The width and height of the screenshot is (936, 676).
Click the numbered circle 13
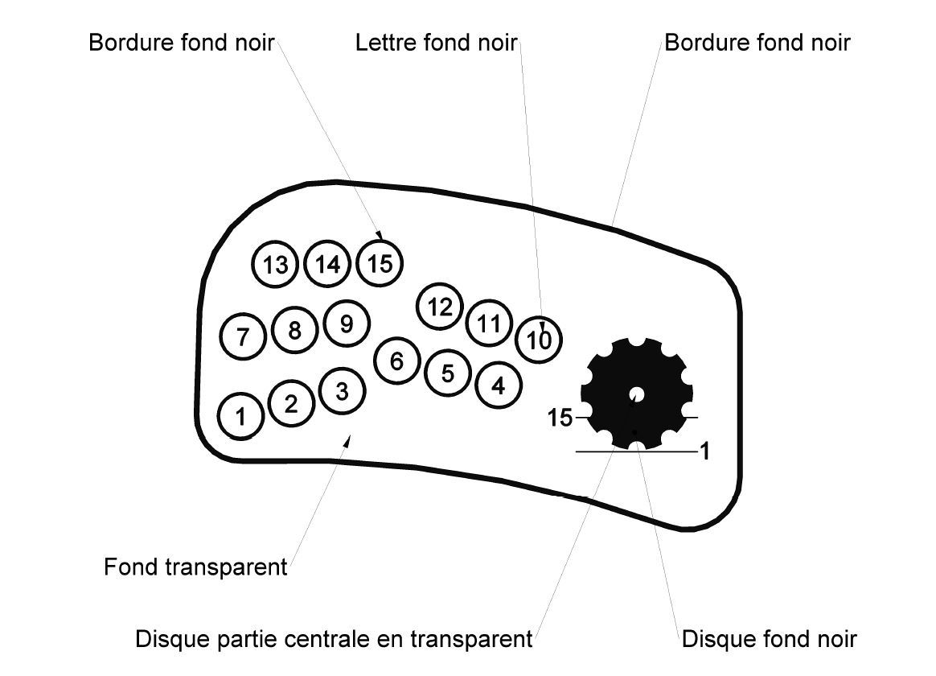pos(275,265)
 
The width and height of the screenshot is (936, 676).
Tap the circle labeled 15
pos(379,262)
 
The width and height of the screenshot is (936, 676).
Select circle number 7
pos(243,336)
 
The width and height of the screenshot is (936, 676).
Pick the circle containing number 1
pos(240,415)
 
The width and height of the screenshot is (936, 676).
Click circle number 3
pos(343,392)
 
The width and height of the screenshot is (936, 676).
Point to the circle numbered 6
pos(396,361)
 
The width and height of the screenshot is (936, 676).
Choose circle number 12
pos(440,307)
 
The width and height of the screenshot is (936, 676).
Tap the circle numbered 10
pos(538,339)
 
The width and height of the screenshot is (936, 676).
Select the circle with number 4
pos(499,385)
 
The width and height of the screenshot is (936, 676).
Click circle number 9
pos(347,323)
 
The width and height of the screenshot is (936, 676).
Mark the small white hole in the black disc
pos(636,395)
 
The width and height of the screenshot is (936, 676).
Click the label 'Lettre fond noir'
pos(436,42)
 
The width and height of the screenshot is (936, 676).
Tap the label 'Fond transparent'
pos(195,567)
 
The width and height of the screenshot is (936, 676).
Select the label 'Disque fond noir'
pos(769,639)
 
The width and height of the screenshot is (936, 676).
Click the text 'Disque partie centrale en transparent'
pos(334,639)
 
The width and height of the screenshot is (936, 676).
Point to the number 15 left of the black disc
pos(560,418)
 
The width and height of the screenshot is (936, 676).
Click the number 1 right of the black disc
pos(704,452)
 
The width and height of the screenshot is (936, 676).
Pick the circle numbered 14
pos(327,264)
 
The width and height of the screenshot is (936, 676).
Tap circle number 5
pos(448,373)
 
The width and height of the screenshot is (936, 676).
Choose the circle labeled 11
pos(489,324)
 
